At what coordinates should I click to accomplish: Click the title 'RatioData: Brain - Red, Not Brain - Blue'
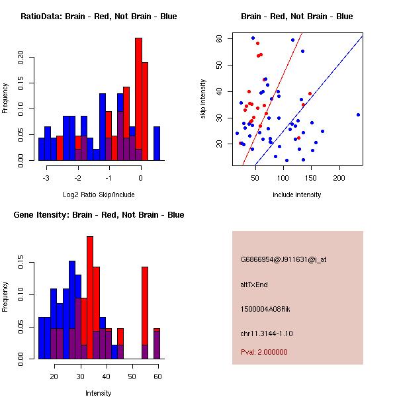coord(99,17)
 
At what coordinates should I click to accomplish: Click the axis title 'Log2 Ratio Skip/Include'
coord(99,195)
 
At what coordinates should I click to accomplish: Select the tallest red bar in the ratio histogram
coord(138,99)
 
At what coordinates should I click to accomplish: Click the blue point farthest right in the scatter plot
coord(358,114)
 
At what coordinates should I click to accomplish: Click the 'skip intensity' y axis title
coord(204,99)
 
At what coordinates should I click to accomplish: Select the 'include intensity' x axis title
coord(297,195)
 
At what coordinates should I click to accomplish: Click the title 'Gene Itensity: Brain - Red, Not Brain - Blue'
coord(99,215)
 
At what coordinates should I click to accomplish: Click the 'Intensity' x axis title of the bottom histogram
coord(99,394)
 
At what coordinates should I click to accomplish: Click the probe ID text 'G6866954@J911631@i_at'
coord(283,259)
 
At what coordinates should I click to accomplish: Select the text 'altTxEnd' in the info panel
coord(253,285)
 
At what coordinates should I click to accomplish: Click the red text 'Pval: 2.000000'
coord(264,352)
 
